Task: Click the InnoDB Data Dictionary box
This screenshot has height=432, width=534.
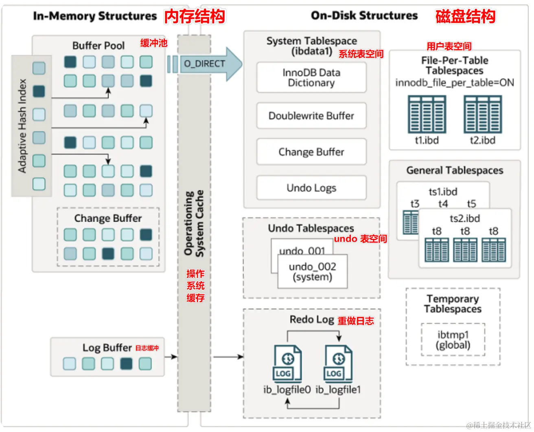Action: [311, 77]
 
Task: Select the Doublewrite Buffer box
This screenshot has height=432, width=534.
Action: [311, 116]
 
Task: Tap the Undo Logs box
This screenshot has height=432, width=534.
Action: [311, 188]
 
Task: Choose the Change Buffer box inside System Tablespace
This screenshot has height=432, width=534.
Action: [311, 152]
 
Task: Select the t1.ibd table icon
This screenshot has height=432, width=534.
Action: [427, 115]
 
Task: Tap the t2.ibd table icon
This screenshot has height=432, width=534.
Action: [483, 115]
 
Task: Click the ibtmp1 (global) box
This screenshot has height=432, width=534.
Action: [453, 340]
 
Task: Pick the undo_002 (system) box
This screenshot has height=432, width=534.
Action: [313, 272]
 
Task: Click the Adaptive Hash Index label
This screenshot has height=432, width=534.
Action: [22, 126]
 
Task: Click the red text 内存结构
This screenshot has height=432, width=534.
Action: [195, 17]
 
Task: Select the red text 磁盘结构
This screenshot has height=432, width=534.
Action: [465, 17]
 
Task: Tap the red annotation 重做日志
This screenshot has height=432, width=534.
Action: [356, 321]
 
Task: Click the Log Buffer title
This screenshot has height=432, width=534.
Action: [107, 348]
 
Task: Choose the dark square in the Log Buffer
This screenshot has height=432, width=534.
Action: [127, 364]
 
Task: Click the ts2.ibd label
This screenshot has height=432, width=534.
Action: [465, 218]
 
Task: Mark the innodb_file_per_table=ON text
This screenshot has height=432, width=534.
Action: [455, 83]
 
